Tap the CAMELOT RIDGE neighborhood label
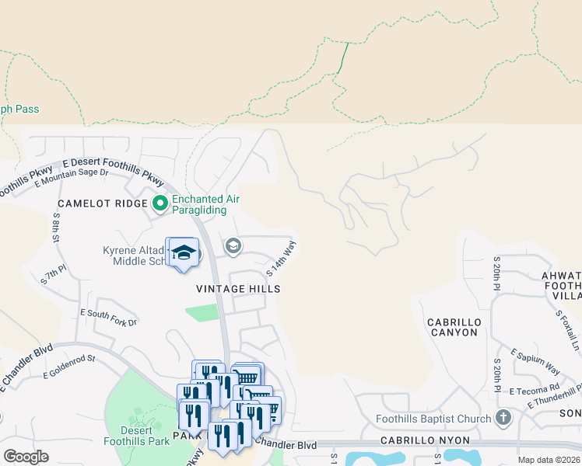tap(102, 203)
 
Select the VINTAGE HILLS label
tap(238, 289)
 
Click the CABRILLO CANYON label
tap(454, 327)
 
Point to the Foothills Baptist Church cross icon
tap(503, 419)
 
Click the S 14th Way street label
tap(282, 259)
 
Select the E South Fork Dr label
tap(109, 317)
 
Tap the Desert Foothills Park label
tap(136, 435)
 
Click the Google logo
tap(26, 456)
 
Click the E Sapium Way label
tap(535, 361)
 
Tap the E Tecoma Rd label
tap(534, 388)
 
